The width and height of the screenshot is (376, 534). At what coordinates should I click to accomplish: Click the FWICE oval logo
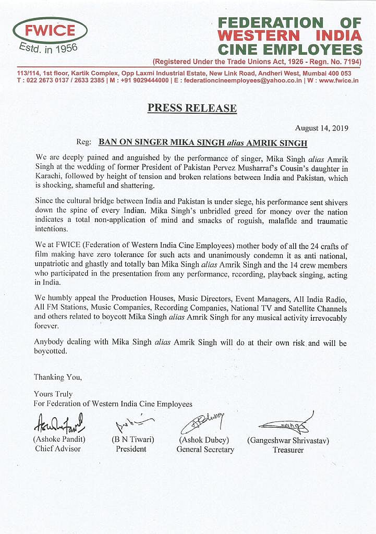tap(50, 30)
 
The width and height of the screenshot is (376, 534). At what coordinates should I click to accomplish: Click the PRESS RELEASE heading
tap(192, 108)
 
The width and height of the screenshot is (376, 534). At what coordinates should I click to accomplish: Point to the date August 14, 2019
tap(321, 128)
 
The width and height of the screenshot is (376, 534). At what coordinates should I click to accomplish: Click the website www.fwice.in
tap(338, 81)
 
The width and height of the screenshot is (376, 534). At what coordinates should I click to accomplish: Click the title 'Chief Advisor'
tap(58, 448)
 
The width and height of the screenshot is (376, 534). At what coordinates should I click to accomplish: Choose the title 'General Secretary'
tap(205, 449)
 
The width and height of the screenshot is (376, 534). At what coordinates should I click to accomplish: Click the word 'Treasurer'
tap(288, 450)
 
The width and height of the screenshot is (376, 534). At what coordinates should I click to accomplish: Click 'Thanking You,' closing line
tap(57, 377)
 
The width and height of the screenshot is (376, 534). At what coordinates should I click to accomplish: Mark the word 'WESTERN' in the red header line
tap(258, 36)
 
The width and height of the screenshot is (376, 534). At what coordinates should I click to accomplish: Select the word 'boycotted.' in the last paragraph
tap(51, 351)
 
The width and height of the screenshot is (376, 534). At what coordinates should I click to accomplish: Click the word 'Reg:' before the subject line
tap(84, 142)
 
